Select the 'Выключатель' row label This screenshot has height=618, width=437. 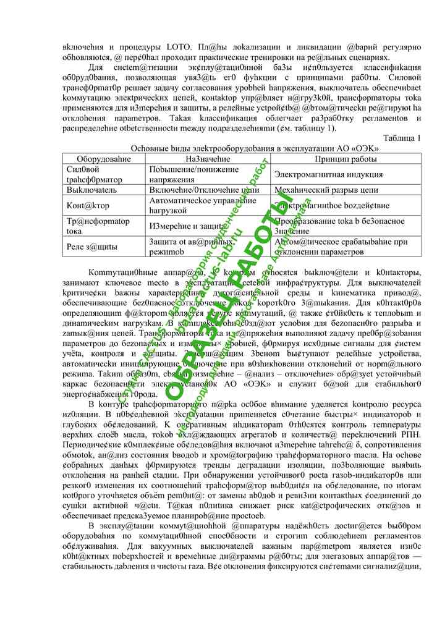91,190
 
